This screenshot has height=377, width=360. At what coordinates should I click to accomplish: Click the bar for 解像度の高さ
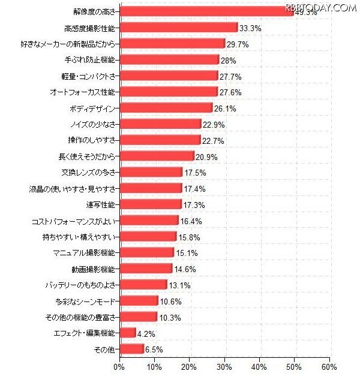coord(207,11)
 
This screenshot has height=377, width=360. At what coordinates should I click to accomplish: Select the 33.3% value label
coord(251,28)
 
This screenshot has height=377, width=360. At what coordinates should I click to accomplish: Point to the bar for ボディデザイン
coord(166,108)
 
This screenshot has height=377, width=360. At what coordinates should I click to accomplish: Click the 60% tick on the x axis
coord(329,366)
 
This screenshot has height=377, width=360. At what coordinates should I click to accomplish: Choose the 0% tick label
coord(120,366)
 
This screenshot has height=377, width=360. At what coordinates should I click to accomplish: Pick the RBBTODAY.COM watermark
coord(321,7)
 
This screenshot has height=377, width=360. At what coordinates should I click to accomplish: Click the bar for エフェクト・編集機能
coord(128,333)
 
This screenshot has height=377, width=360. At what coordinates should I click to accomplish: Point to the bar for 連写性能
coord(151,204)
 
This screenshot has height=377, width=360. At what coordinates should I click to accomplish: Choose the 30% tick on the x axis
coord(225,366)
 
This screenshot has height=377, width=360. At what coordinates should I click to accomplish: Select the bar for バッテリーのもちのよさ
coord(143,285)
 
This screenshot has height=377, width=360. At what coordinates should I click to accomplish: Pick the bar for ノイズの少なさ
coord(160,124)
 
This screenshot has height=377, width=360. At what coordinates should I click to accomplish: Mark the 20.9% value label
coord(207,157)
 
